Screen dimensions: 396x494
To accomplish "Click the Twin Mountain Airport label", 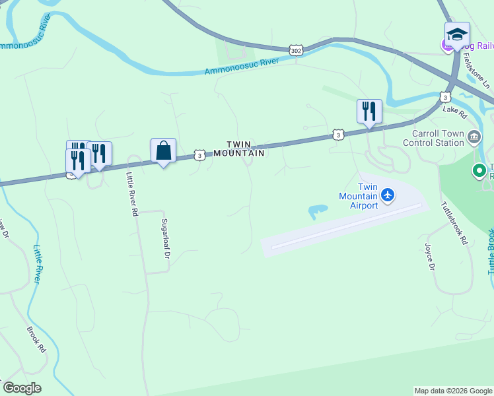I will coord(358,196).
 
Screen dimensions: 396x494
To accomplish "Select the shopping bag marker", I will coord(163,151).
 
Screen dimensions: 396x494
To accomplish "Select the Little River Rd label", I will coord(133,195).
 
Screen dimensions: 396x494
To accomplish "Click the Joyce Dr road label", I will coord(430,256).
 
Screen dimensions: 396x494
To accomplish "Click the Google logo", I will coord(22,388).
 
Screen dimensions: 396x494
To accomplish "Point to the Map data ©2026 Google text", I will coord(453,391).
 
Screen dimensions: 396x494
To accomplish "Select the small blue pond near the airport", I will coord(317,212).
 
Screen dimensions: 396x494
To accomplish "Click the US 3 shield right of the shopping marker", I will coord(199,155).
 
